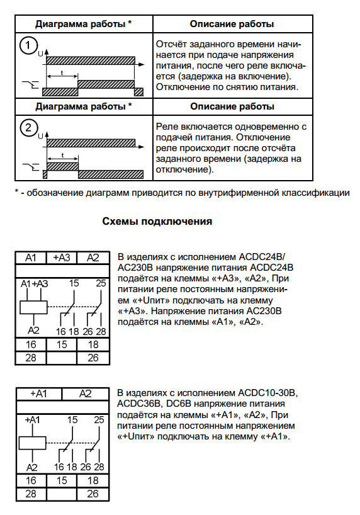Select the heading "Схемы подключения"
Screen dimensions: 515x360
click(157, 222)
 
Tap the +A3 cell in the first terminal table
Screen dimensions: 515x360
click(62, 257)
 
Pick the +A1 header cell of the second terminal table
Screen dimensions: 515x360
click(38, 393)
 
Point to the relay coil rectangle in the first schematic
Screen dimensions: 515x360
click(33, 307)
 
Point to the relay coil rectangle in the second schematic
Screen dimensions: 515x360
click(33, 441)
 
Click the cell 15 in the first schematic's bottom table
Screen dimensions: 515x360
click(62, 345)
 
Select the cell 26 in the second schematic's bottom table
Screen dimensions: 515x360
click(93, 494)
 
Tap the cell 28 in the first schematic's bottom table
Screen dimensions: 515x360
click(31, 358)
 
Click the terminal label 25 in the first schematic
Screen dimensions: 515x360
click(101, 284)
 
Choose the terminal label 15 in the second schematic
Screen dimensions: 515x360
click(73, 419)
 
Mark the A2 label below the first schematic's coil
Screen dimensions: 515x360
click(34, 330)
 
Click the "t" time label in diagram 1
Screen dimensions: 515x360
click(62, 72)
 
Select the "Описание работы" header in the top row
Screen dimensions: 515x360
click(231, 25)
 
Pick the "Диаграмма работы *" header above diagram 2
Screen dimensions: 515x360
click(83, 106)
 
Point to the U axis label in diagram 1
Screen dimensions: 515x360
click(41, 54)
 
